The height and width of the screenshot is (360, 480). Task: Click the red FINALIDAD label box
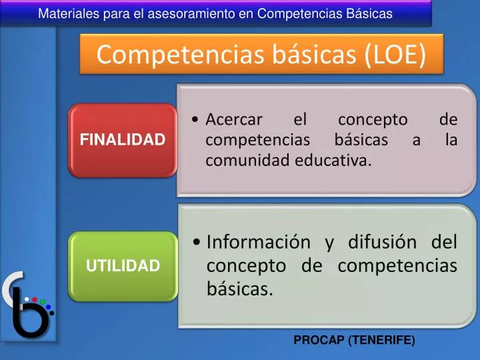pyautogui.click(x=123, y=140)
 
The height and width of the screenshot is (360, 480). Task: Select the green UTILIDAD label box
pyautogui.click(x=123, y=265)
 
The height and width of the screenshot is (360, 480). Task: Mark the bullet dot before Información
pyautogui.click(x=197, y=242)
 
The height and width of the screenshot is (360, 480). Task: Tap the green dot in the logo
pyautogui.click(x=43, y=303)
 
